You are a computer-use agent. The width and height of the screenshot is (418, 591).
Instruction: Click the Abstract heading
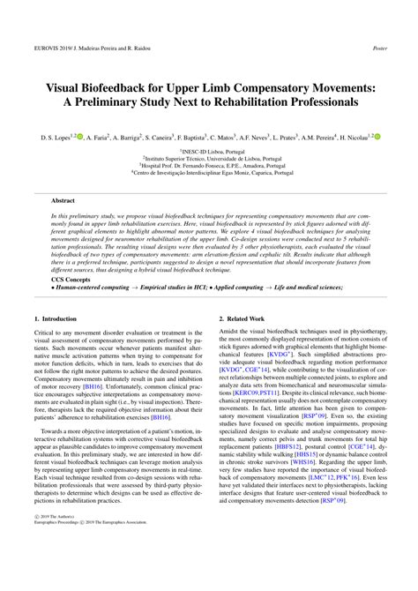(x=64, y=201)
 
